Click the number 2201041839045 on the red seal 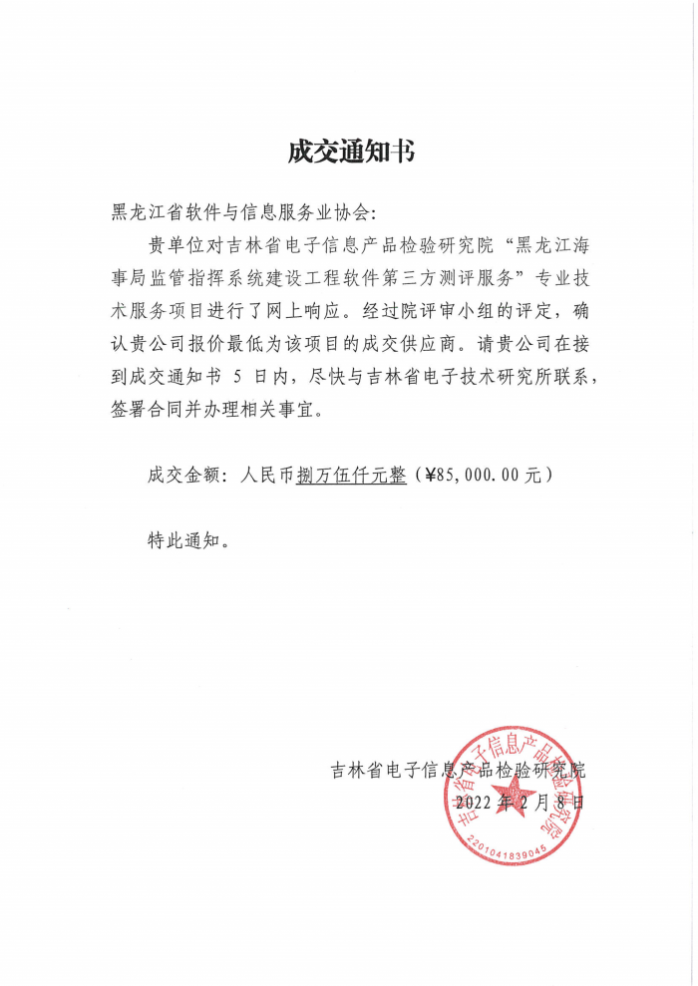click(x=505, y=845)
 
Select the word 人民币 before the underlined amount click(x=269, y=477)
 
